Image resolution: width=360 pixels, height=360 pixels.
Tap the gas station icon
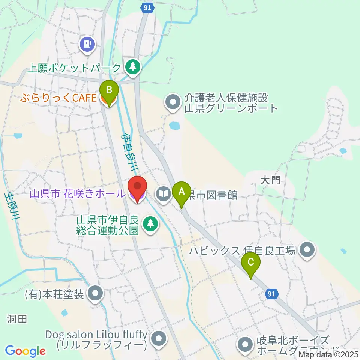coord(87,45)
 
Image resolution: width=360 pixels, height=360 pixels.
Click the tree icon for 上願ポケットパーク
coord(132,67)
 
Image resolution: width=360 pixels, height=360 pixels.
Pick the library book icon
coord(164,194)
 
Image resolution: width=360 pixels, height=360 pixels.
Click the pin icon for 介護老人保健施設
coord(173,101)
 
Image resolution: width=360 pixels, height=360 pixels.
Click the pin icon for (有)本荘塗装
coord(95,293)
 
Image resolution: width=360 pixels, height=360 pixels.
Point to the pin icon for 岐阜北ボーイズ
coord(245,344)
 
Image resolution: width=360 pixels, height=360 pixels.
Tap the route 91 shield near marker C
coord(273,294)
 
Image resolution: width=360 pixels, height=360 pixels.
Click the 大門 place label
coord(270,181)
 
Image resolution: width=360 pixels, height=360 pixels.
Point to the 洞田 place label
coord(17,319)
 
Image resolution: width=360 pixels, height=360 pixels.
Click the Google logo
coord(25,351)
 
